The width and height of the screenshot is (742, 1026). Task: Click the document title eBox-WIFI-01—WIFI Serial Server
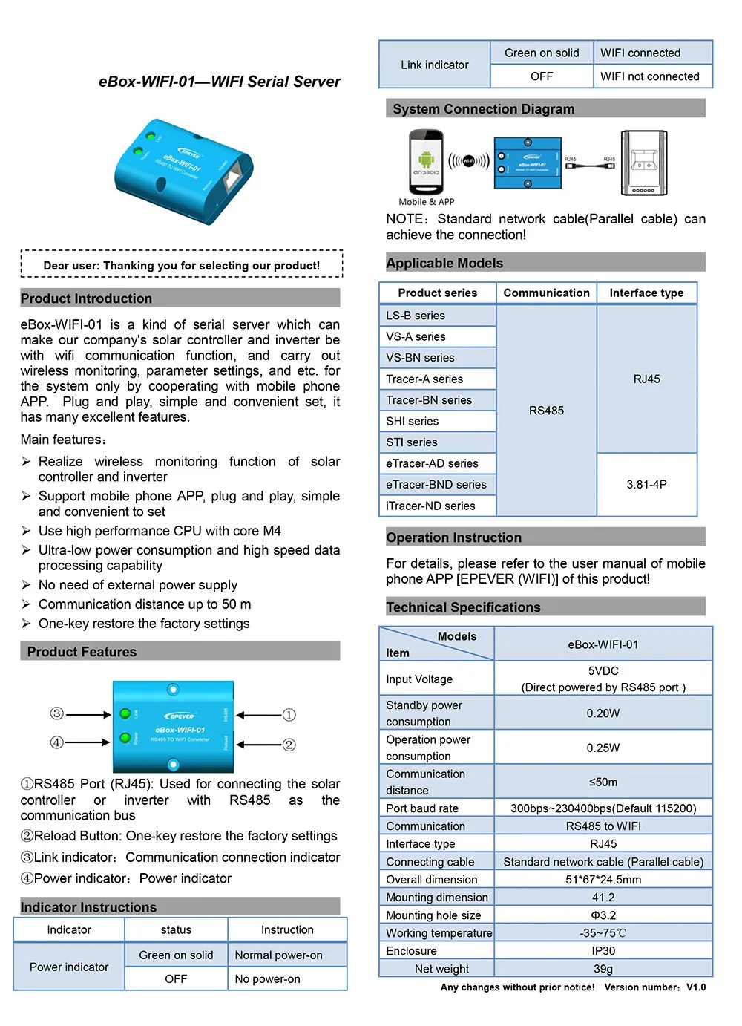point(220,82)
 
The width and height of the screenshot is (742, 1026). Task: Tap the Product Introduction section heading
point(86,298)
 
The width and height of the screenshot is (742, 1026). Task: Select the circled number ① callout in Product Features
point(289,715)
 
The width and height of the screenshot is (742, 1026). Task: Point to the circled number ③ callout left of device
point(57,713)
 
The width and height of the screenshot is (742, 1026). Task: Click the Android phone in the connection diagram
point(426,163)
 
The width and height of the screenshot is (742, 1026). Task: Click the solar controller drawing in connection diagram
point(643,163)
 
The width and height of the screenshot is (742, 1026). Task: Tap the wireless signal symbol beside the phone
point(468,160)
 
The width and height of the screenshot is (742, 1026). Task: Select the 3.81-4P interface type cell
point(646,484)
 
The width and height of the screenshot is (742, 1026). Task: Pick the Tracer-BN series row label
point(429,400)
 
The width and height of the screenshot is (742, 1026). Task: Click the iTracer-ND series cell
point(430,506)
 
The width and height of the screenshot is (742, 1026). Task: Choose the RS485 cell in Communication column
point(546,411)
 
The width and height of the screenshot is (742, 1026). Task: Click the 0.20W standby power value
point(603,713)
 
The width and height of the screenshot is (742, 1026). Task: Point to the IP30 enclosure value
point(603,950)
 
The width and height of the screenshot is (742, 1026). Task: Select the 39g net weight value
point(603,968)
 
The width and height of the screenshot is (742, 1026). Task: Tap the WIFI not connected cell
point(649,76)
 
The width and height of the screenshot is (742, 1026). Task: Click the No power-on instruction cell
point(268,978)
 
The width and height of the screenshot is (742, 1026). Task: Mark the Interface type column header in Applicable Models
point(646,293)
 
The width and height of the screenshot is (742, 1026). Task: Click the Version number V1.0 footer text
point(654,987)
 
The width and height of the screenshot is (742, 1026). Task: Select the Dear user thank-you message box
point(182,265)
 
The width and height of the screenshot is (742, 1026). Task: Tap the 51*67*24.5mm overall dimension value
point(603,879)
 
